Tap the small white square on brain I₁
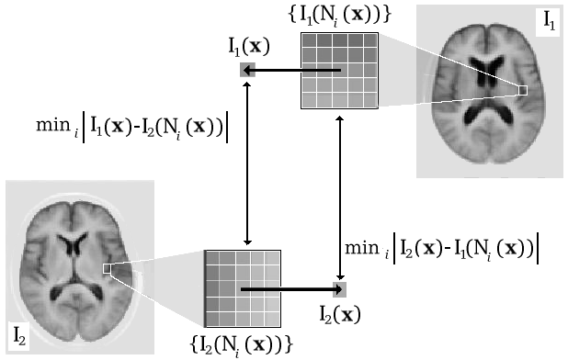[x=522, y=90]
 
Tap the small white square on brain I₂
[x=108, y=268]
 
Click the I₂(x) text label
[x=338, y=314]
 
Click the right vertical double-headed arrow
[x=342, y=197]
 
